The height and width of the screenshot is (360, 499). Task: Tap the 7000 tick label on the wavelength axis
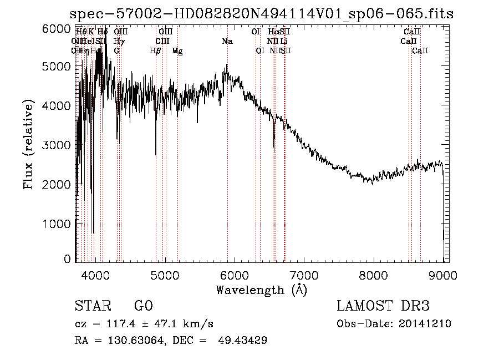[304, 275]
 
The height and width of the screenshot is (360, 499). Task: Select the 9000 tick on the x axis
[443, 275]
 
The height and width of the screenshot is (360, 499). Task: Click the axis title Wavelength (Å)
[261, 290]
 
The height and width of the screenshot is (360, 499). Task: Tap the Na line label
[227, 42]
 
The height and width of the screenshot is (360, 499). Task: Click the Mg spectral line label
[177, 51]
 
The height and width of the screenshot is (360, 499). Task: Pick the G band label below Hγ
[117, 51]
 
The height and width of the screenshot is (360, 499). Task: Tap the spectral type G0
[143, 307]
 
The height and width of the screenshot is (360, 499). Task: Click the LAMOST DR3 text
[383, 307]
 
